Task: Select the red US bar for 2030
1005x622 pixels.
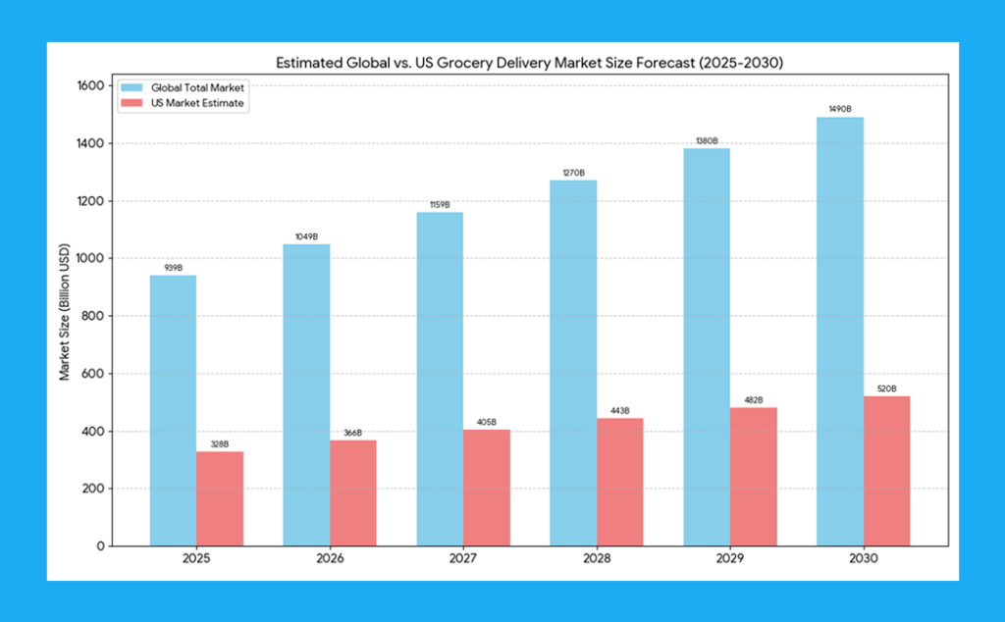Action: point(886,471)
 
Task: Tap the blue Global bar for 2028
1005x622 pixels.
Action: point(573,363)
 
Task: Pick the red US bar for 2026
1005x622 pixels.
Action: point(352,492)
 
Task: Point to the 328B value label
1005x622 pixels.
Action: point(220,444)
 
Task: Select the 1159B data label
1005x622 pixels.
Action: point(440,205)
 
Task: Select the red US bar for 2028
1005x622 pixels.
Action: point(619,482)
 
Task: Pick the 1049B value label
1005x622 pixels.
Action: point(306,237)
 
